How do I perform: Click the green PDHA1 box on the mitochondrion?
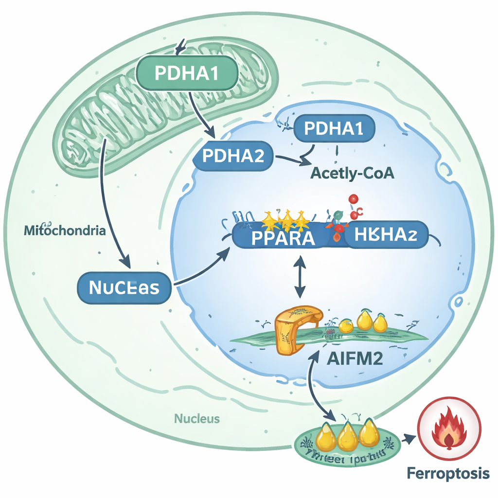coord(188,73)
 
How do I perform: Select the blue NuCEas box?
coord(124,287)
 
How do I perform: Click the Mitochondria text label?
coord(64,231)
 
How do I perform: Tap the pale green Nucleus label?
coord(197,418)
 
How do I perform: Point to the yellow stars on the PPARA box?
coord(287,220)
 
